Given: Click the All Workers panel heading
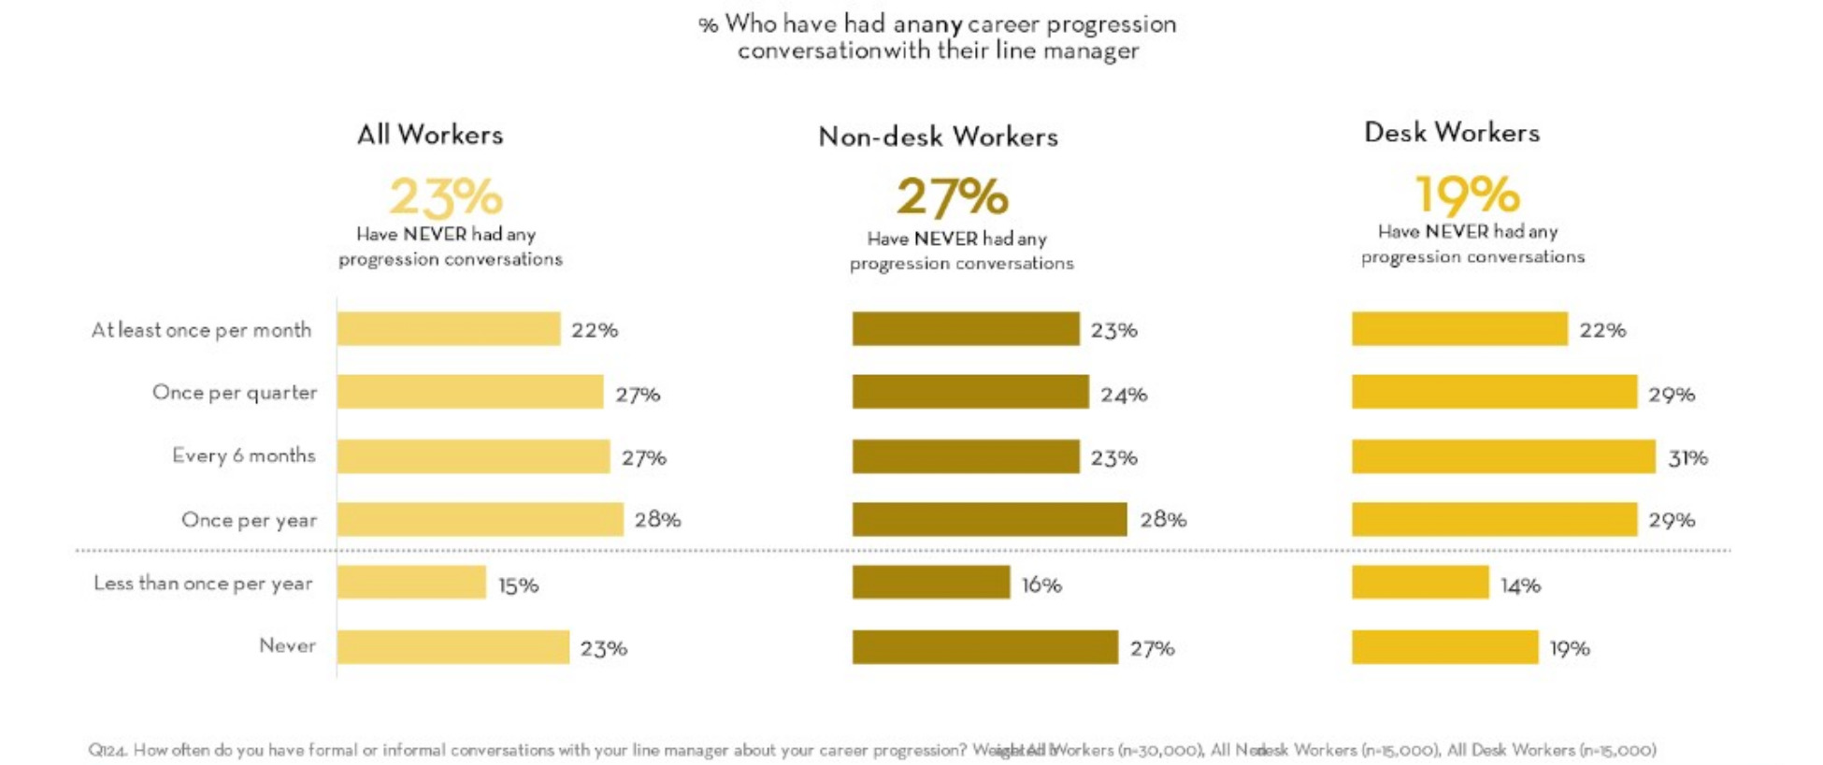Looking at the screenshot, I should [430, 135].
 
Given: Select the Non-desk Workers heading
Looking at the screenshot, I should [938, 137].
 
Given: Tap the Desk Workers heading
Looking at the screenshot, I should [1451, 133].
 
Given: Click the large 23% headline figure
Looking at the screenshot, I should [446, 196].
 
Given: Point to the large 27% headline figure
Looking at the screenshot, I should [953, 196].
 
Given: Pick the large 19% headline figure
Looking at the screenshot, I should [1467, 195].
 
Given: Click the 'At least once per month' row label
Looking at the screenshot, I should [201, 330].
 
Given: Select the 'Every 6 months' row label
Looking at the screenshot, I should [244, 455].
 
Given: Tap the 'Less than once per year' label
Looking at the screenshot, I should [203, 584].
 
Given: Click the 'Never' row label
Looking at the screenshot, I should [287, 645].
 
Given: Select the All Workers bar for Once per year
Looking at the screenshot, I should [480, 520].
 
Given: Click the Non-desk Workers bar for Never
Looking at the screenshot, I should [984, 647].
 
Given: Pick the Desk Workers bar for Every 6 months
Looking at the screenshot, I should [1503, 456].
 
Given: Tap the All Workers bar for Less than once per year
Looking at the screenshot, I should [411, 583].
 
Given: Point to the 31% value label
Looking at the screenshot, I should [1687, 458].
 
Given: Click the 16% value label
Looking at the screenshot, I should [1041, 585].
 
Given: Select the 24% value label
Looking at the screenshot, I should [1124, 395].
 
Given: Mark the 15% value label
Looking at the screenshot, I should [518, 585].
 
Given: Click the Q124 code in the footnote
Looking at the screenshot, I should [108, 750].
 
